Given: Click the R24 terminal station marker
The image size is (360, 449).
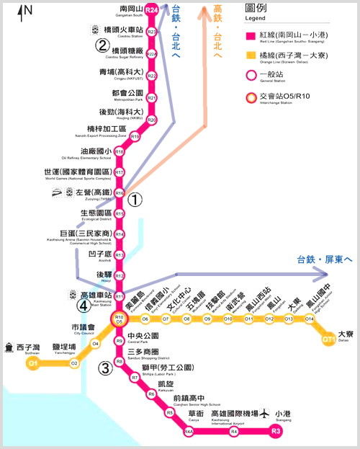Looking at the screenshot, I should tap(151, 10).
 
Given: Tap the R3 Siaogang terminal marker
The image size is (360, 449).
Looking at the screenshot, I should tap(276, 432).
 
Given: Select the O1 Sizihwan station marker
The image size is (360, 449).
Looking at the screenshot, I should tap(32, 364).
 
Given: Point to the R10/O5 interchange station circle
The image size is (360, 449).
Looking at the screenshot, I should tap(120, 319).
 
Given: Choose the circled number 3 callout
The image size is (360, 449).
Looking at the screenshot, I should tap(105, 369).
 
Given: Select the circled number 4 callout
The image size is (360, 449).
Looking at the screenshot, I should tap(84, 305).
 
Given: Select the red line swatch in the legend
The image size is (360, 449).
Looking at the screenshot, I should tap(250, 35).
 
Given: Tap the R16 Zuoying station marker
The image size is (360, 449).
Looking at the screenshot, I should tap(120, 193).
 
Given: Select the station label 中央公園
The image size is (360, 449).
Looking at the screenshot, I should tap(142, 335).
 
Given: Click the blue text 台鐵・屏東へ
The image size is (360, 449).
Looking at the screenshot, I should tap(324, 260).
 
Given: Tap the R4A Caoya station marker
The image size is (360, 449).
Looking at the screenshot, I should tap(189, 432).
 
